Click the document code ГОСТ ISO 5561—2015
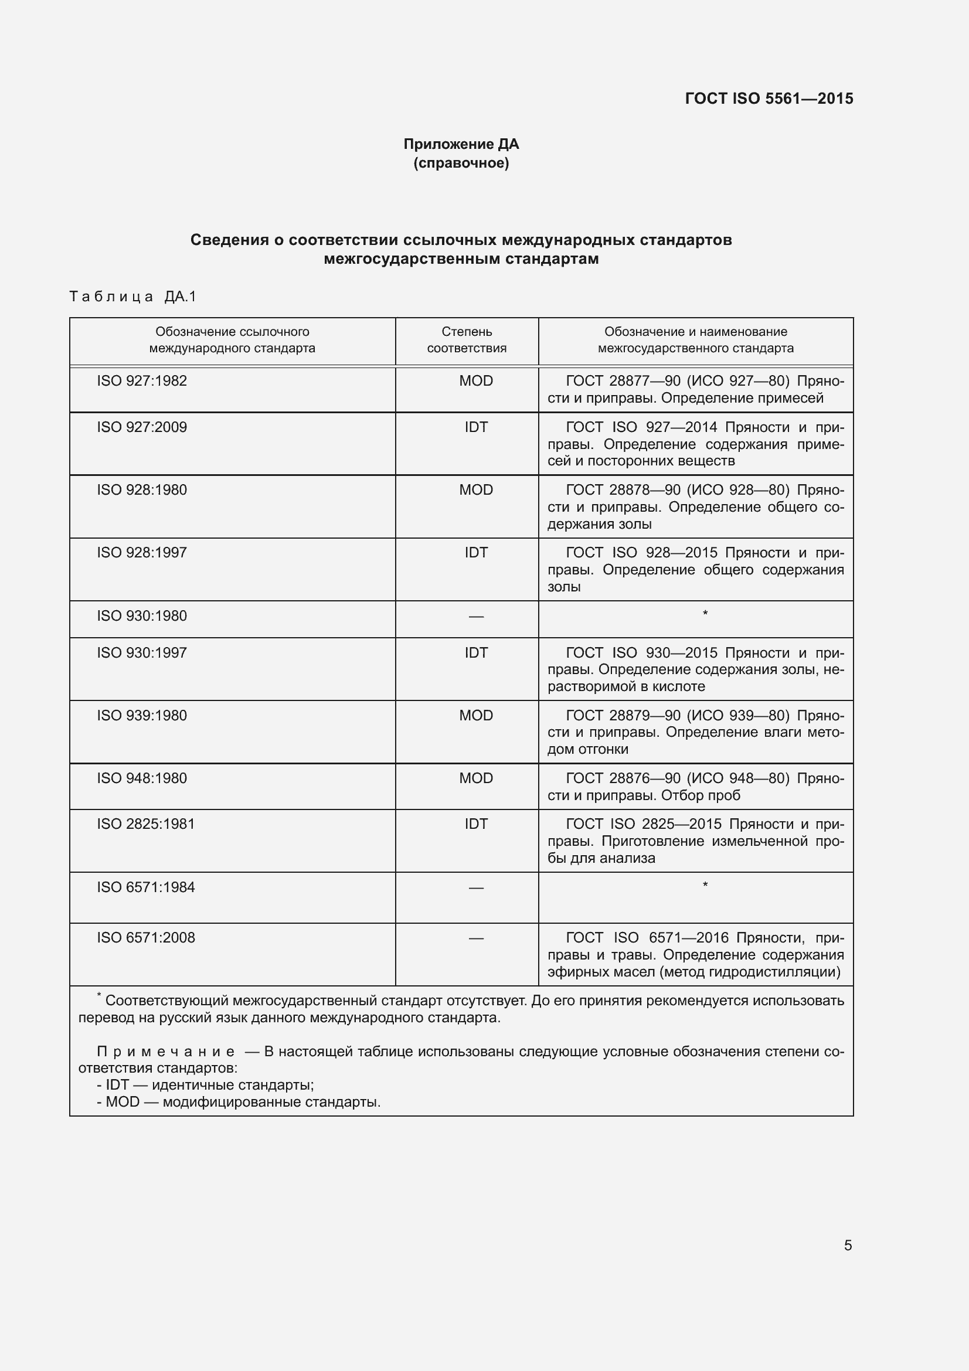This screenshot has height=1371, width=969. click(769, 98)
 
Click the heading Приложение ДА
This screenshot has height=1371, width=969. click(461, 144)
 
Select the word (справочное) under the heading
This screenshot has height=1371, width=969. click(461, 163)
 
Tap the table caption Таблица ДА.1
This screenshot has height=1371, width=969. click(132, 296)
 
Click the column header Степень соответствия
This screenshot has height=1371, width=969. click(466, 340)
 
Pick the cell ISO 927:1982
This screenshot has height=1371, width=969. click(142, 381)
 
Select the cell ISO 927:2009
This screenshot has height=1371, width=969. click(142, 427)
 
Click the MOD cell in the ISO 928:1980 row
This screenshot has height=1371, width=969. click(476, 489)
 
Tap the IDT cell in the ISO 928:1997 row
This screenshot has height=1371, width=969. click(476, 552)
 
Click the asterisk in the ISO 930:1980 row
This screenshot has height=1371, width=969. click(705, 614)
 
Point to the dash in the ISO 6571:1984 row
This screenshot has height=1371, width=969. click(476, 888)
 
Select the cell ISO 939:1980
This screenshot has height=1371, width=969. click(142, 715)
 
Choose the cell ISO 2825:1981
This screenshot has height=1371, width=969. click(146, 824)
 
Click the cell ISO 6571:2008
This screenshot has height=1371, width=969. click(146, 937)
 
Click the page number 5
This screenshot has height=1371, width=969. click(848, 1245)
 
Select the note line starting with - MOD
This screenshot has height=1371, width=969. click(239, 1102)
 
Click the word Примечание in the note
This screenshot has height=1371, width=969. click(166, 1052)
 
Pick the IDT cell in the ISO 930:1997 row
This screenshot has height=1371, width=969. click(476, 652)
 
